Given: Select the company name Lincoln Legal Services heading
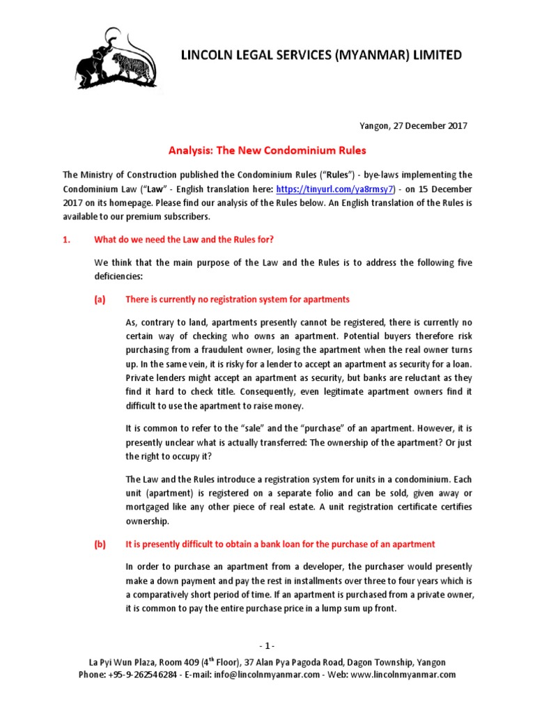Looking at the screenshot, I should [x=321, y=55].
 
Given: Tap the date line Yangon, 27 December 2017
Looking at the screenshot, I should [x=412, y=126].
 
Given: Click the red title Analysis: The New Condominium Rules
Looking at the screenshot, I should [x=268, y=150].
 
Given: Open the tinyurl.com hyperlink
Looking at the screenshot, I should [x=336, y=189].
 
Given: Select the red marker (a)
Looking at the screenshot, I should [x=100, y=299].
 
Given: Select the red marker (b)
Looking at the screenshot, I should [x=100, y=544].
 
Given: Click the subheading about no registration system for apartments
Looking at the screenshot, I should [x=237, y=299].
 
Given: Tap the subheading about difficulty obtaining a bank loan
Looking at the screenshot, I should [x=280, y=544].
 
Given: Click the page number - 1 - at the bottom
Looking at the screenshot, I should [x=267, y=645].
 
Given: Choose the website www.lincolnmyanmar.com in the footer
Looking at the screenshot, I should [x=404, y=675].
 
